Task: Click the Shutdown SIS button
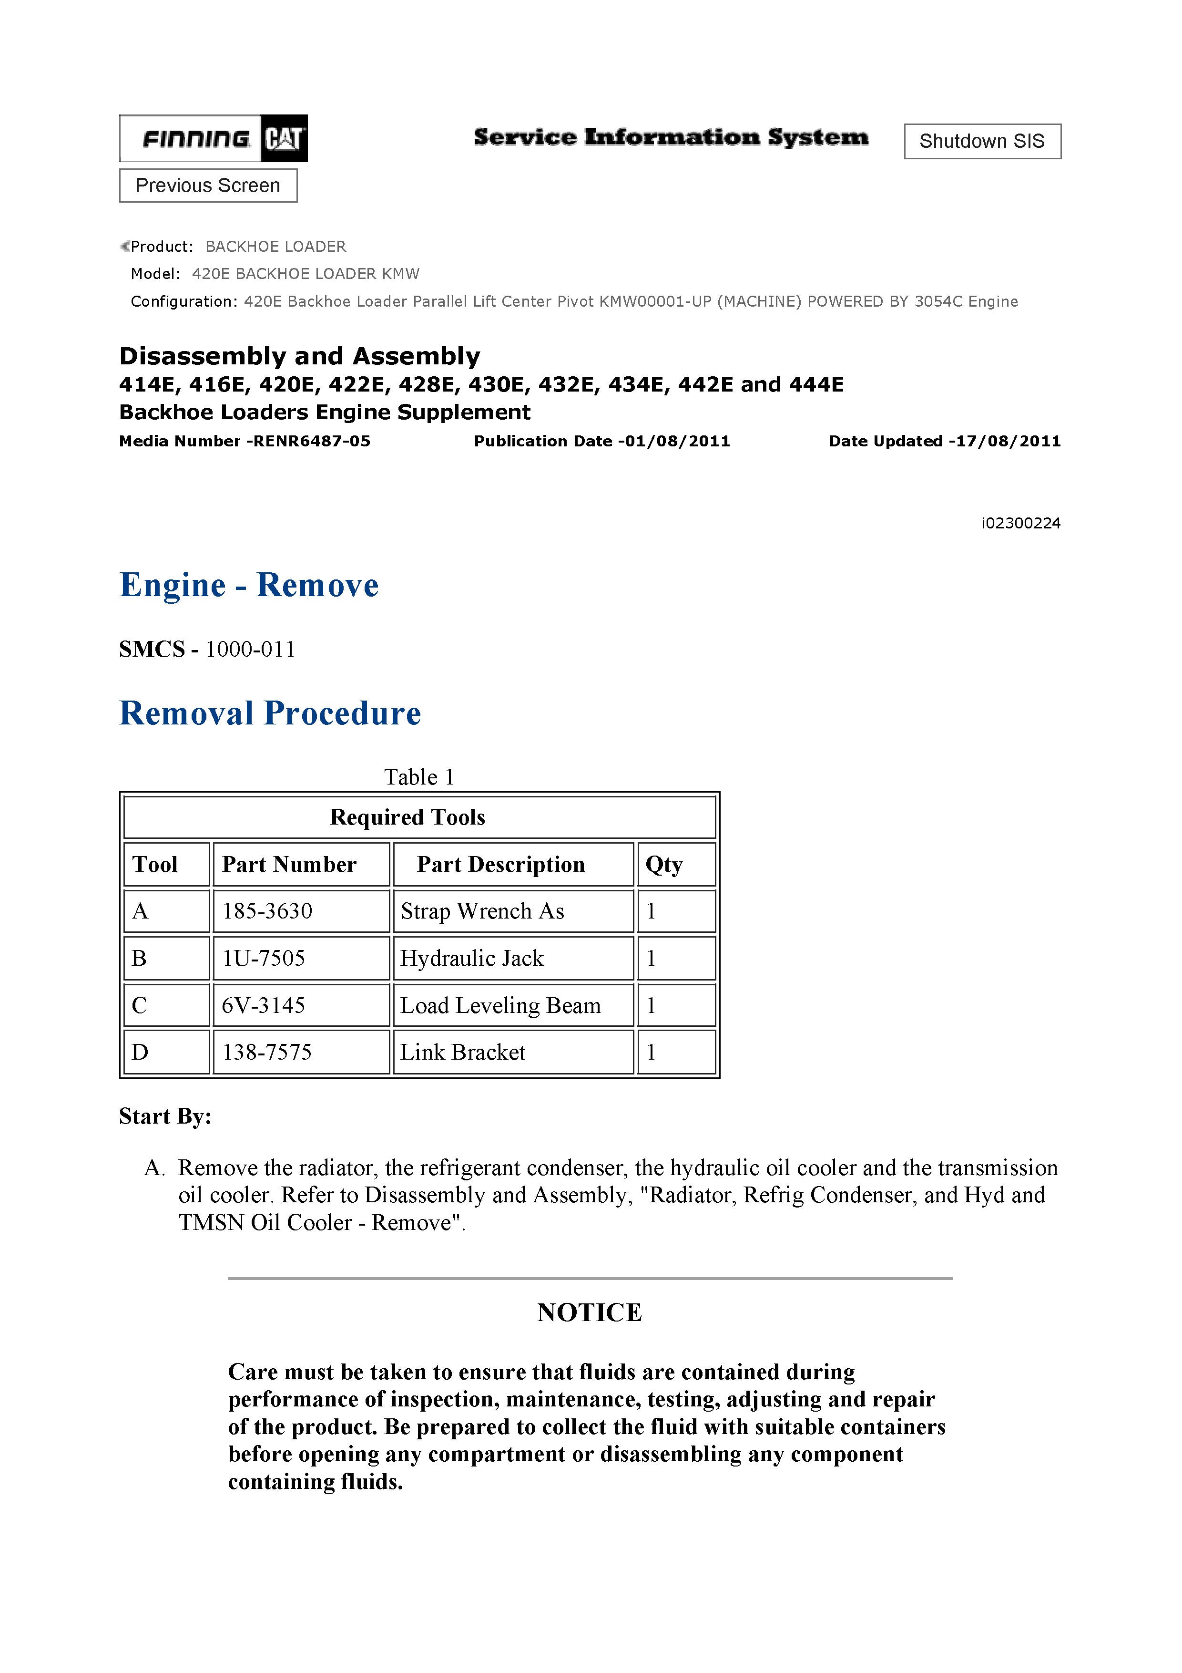pyautogui.click(x=982, y=141)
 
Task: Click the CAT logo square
pyautogui.click(x=284, y=138)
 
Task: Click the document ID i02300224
pyautogui.click(x=1020, y=523)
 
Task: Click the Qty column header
pyautogui.click(x=663, y=865)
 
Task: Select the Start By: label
pyautogui.click(x=165, y=1116)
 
